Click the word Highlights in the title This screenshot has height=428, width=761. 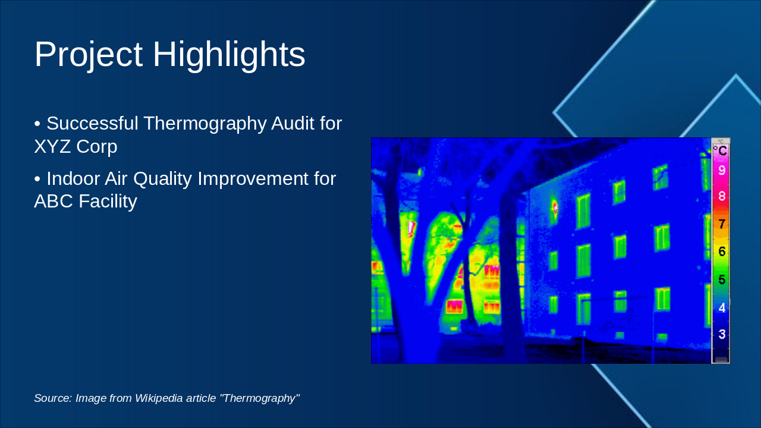pyautogui.click(x=229, y=55)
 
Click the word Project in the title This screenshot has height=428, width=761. pyautogui.click(x=88, y=55)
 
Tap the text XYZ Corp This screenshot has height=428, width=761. pyautogui.click(x=76, y=146)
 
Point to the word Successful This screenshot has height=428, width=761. pyautogui.click(x=92, y=124)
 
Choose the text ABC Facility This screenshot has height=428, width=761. pyautogui.click(x=86, y=201)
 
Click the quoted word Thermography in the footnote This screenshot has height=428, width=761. pyautogui.click(x=259, y=398)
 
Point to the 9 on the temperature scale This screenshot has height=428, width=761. pyautogui.click(x=722, y=171)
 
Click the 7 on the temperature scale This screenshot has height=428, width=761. pyautogui.click(x=722, y=224)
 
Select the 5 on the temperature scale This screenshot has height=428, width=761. pyautogui.click(x=722, y=279)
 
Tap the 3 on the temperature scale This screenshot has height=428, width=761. pyautogui.click(x=722, y=334)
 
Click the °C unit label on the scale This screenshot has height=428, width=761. pyautogui.click(x=721, y=150)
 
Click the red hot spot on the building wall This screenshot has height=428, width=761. pyautogui.click(x=555, y=207)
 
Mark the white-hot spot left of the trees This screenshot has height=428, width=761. pyautogui.click(x=410, y=228)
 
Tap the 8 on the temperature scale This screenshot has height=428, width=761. pyautogui.click(x=722, y=196)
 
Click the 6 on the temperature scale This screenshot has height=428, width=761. pyautogui.click(x=722, y=251)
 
